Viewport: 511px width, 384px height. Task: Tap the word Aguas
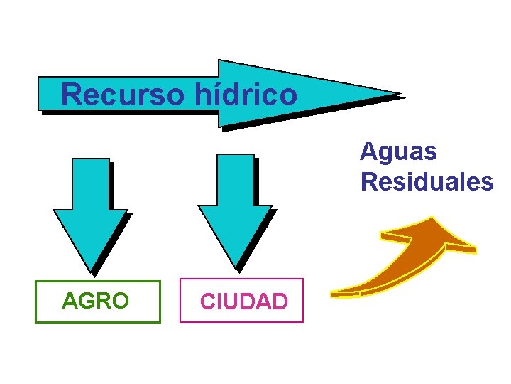(x=398, y=151)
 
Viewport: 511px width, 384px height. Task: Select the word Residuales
(x=427, y=182)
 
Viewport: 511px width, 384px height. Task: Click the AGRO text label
(x=96, y=301)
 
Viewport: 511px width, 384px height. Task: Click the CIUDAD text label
(x=243, y=302)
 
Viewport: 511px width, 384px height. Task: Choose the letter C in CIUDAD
(x=208, y=302)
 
